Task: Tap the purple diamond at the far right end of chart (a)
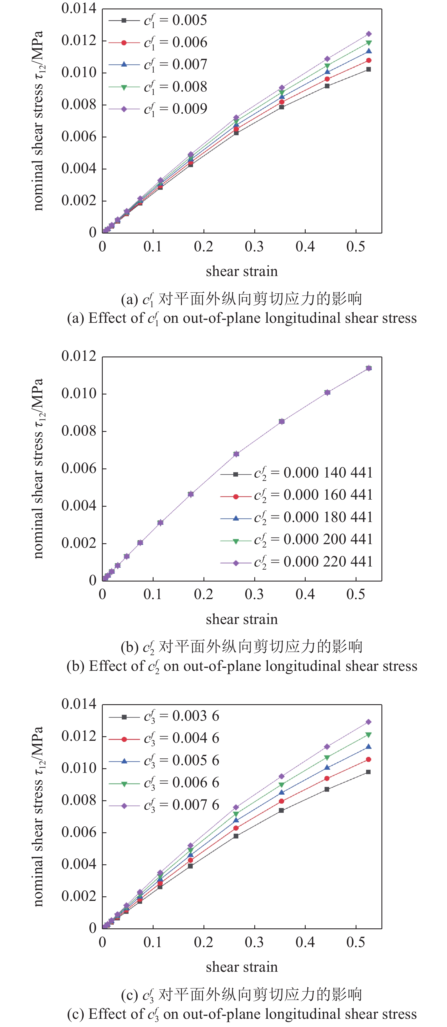click(369, 34)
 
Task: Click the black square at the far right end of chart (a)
click(368, 69)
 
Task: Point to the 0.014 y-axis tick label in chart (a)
click(79, 9)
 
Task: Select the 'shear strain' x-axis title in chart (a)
click(242, 271)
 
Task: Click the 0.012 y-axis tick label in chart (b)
click(79, 356)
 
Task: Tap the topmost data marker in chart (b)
click(369, 368)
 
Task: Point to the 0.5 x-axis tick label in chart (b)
click(356, 595)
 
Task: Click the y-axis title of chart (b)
click(38, 468)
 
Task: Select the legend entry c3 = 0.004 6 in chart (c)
click(182, 738)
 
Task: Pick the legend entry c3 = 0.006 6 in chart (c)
click(182, 783)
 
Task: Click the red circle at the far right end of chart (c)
click(368, 759)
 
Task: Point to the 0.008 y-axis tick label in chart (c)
click(79, 800)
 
